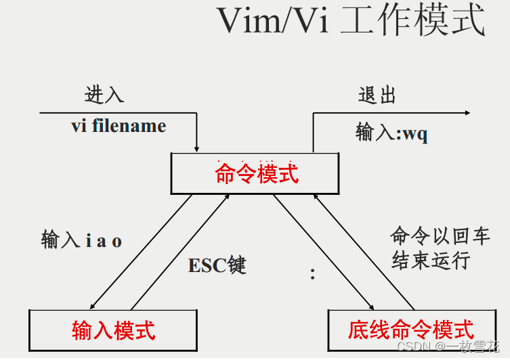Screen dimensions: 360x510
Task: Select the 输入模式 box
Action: (x=113, y=330)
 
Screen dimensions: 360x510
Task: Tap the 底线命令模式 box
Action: (x=410, y=330)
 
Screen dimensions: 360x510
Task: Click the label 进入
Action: (x=104, y=94)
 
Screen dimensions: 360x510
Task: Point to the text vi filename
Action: (x=119, y=126)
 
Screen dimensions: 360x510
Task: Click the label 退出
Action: (x=377, y=95)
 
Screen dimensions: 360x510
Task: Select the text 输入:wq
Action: (x=391, y=133)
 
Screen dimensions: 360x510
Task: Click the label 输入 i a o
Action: (x=81, y=241)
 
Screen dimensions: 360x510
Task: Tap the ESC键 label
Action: (x=217, y=265)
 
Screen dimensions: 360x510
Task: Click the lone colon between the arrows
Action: (x=312, y=273)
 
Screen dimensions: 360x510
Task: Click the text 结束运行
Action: (x=430, y=261)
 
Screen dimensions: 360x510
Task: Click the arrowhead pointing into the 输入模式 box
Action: (x=93, y=306)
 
